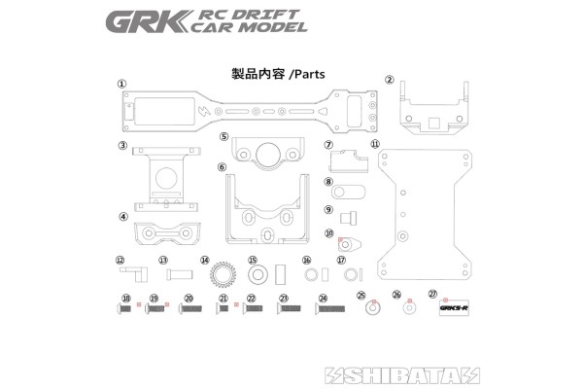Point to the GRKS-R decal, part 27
454,309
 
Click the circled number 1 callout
122,85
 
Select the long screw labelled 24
329,309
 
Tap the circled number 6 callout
223,167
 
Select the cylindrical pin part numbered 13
178,273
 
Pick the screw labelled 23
291,309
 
